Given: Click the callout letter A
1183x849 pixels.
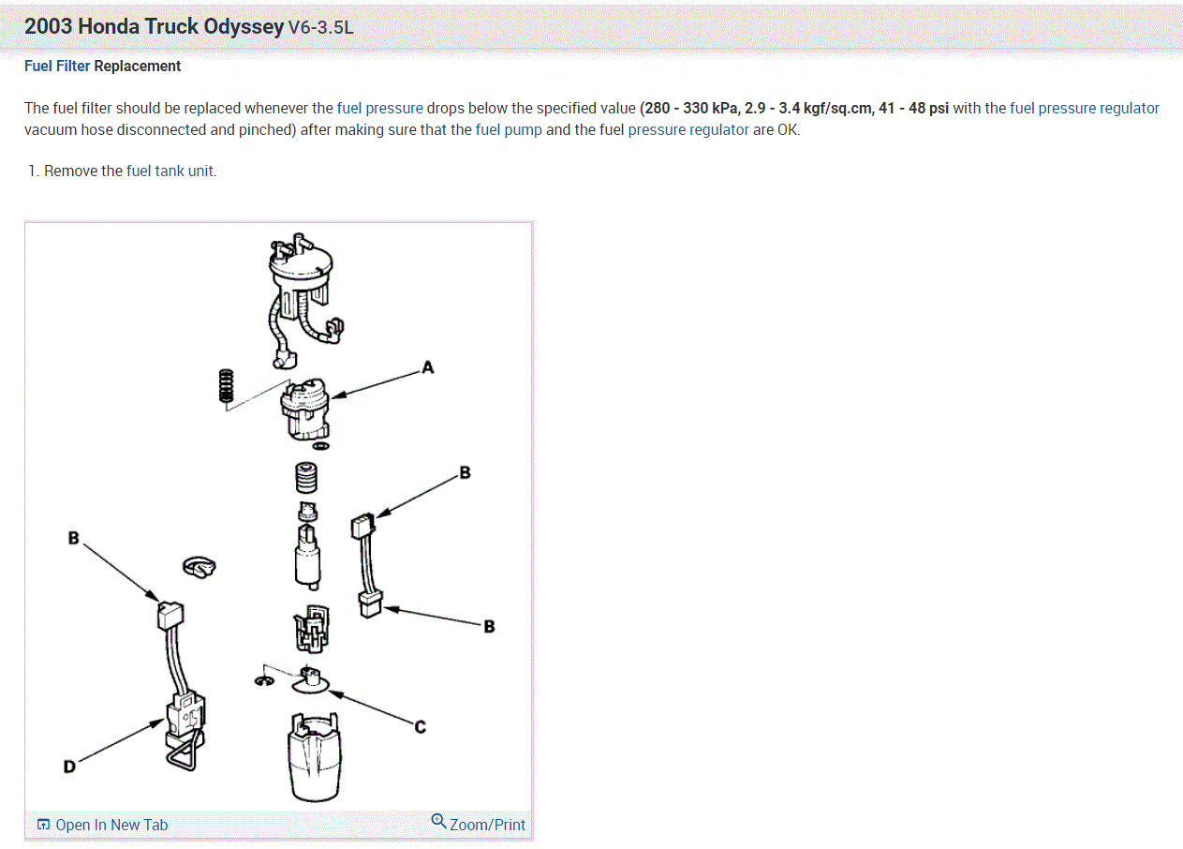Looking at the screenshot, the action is tap(428, 367).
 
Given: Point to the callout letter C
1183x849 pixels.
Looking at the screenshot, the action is tap(420, 726).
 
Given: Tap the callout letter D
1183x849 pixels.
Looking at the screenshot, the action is tap(69, 767).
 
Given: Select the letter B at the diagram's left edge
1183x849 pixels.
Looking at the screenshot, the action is tap(73, 538).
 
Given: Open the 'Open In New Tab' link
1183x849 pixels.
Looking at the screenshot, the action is tap(102, 825).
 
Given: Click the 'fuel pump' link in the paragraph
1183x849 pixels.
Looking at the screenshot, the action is tap(509, 130).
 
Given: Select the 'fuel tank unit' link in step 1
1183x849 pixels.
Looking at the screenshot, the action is tap(170, 171).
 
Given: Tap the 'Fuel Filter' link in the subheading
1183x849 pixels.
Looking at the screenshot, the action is tap(57, 66).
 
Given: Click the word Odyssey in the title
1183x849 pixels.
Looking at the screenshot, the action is tap(243, 26).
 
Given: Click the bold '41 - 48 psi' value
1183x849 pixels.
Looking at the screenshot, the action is tap(913, 108).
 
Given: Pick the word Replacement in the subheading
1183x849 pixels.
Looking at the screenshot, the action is tap(138, 66).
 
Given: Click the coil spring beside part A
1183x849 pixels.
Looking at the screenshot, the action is tap(225, 386).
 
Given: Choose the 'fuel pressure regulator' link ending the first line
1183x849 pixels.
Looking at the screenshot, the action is tap(1085, 108).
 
